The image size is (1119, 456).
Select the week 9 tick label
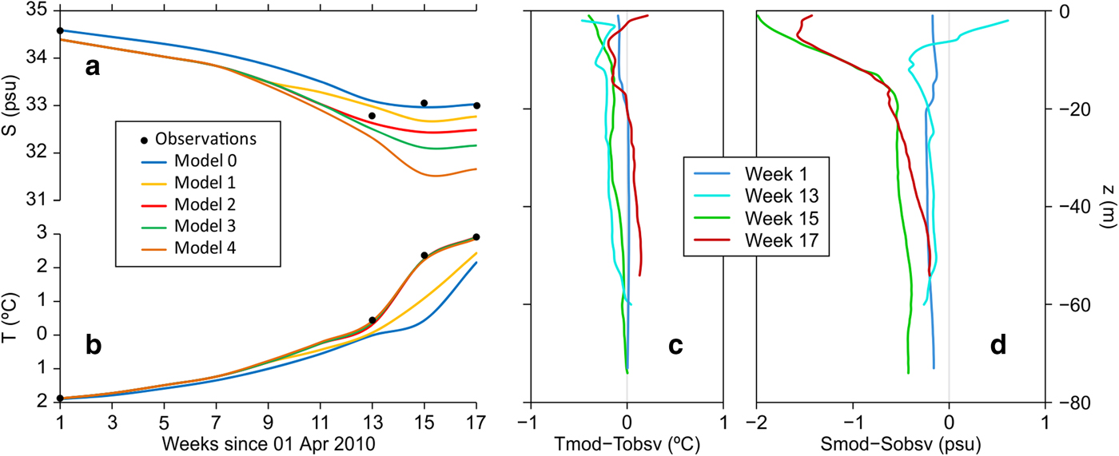pos(268,421)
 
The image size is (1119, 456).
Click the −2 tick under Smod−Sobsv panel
pos(755,421)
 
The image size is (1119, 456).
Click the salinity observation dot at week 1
pos(60,30)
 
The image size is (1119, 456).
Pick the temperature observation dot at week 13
pos(372,320)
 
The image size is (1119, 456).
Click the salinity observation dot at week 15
pos(424,103)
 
